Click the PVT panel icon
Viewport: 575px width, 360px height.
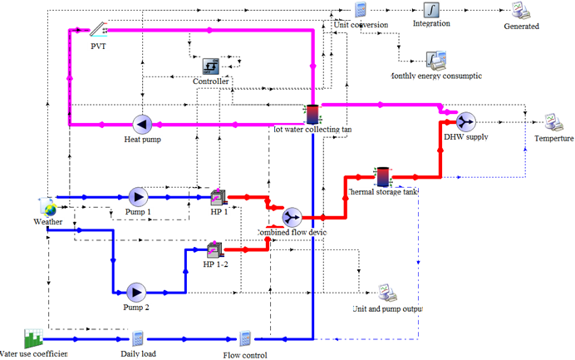pyautogui.click(x=99, y=31)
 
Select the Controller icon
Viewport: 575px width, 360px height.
pyautogui.click(x=210, y=66)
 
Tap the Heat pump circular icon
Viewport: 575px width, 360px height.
pyautogui.click(x=142, y=125)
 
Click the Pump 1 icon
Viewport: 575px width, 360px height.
pyautogui.click(x=138, y=196)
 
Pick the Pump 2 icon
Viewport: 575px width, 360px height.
pyautogui.click(x=135, y=292)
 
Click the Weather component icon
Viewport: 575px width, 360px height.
pyautogui.click(x=47, y=207)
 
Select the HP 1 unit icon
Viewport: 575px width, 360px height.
pyautogui.click(x=218, y=197)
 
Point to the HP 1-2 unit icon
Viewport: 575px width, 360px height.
pyautogui.click(x=214, y=249)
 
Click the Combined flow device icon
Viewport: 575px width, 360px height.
pyautogui.click(x=292, y=217)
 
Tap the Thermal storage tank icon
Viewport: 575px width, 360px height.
pyautogui.click(x=381, y=176)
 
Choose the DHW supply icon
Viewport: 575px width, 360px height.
pyautogui.click(x=465, y=122)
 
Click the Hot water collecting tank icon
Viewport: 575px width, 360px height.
pyautogui.click(x=312, y=114)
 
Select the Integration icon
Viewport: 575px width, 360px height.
pyautogui.click(x=431, y=9)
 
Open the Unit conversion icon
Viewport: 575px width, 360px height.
pyautogui.click(x=361, y=10)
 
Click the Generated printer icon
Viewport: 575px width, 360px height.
pyautogui.click(x=521, y=11)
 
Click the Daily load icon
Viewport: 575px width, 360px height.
pyautogui.click(x=138, y=338)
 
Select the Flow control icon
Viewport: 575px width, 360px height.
pyautogui.click(x=245, y=339)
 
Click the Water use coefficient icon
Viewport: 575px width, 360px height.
pyautogui.click(x=33, y=338)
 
